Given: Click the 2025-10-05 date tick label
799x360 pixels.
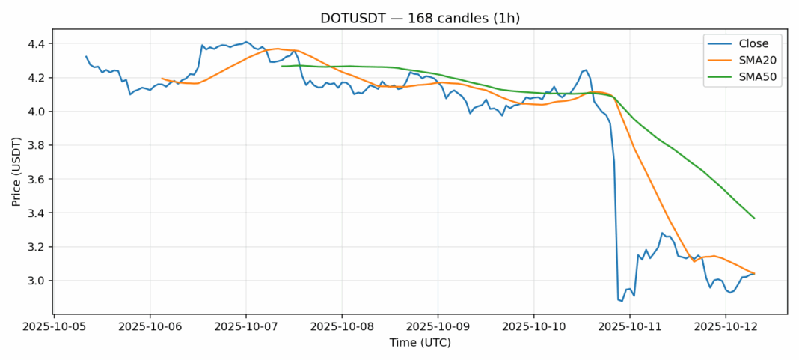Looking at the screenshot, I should pos(54,327).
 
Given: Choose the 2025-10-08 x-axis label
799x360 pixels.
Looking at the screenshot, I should pos(342,327).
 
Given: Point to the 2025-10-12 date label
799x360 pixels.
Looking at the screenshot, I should pos(726,327).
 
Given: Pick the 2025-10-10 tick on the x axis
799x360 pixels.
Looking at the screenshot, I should pos(533,327).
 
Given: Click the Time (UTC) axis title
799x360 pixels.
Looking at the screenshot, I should pos(420,343).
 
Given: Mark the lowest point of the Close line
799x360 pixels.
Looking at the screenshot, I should pos(622,301).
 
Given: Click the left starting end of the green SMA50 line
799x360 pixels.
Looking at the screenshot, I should pos(282,66).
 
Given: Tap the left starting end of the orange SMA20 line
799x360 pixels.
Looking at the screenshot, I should pos(162,78).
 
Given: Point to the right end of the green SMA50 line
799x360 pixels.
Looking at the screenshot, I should pos(754,218).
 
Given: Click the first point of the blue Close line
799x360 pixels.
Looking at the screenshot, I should pos(86,56).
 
